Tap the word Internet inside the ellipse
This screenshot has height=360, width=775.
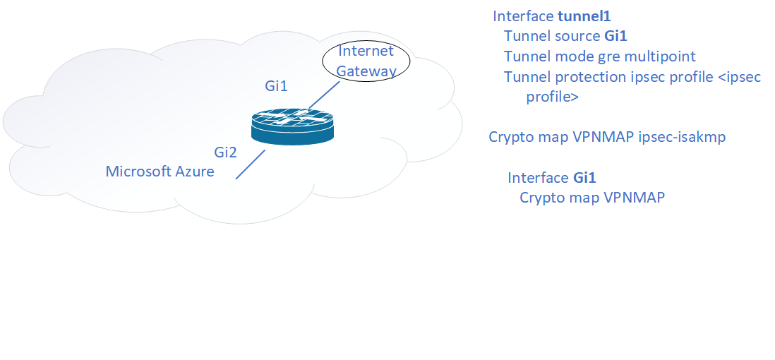click(x=365, y=52)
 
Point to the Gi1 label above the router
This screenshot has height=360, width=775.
click(x=277, y=87)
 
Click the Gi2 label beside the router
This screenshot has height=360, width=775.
click(x=226, y=152)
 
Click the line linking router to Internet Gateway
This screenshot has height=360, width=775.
click(x=324, y=95)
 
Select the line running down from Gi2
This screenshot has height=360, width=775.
click(x=250, y=164)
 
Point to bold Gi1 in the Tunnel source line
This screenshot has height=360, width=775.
click(x=616, y=36)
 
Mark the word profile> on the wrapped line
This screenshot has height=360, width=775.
click(x=553, y=97)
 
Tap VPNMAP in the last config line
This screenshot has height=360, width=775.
click(x=634, y=198)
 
